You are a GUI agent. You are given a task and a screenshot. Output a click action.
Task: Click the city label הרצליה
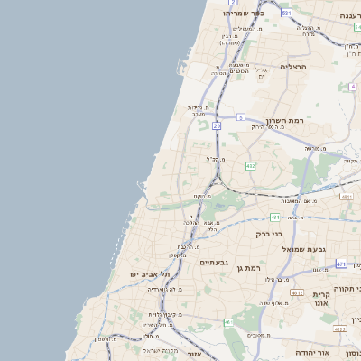[x=293, y=67]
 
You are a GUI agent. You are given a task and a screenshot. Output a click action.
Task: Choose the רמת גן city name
[x=245, y=268]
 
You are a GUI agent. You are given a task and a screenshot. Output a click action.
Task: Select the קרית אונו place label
[x=323, y=300]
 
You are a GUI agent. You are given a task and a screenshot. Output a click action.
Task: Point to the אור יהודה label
[x=313, y=353]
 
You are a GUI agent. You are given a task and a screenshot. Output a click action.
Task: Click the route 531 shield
[x=285, y=14]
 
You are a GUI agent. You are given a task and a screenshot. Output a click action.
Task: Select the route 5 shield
[x=242, y=117]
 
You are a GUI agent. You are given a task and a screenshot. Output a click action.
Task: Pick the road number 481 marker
[x=274, y=218]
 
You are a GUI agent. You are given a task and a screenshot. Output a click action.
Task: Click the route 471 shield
[x=340, y=264]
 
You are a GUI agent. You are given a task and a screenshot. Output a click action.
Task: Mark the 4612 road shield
[x=297, y=293]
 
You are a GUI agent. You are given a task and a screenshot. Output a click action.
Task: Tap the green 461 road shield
[x=229, y=322]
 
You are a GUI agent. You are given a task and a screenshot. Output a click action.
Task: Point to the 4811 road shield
[x=346, y=195]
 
